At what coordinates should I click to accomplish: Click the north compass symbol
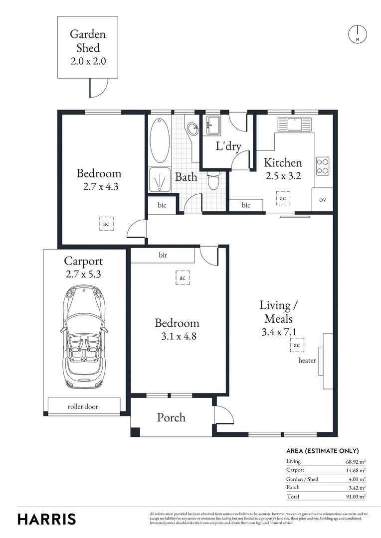click(357, 34)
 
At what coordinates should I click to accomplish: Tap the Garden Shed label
click(87, 41)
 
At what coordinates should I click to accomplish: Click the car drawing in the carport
click(84, 337)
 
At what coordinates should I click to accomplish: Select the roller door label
click(83, 406)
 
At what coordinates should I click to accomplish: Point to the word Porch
click(171, 417)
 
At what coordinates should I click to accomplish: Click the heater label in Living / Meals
click(307, 360)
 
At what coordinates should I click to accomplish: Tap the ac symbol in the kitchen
click(283, 198)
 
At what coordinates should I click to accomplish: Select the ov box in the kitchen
click(322, 200)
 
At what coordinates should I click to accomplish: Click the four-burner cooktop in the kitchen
click(323, 166)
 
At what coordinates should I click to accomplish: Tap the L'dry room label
click(228, 146)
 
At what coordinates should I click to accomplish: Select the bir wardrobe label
click(163, 256)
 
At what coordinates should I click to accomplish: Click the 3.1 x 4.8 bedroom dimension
click(177, 336)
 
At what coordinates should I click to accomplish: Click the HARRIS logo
click(47, 519)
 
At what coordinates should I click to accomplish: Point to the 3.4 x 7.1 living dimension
click(276, 331)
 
